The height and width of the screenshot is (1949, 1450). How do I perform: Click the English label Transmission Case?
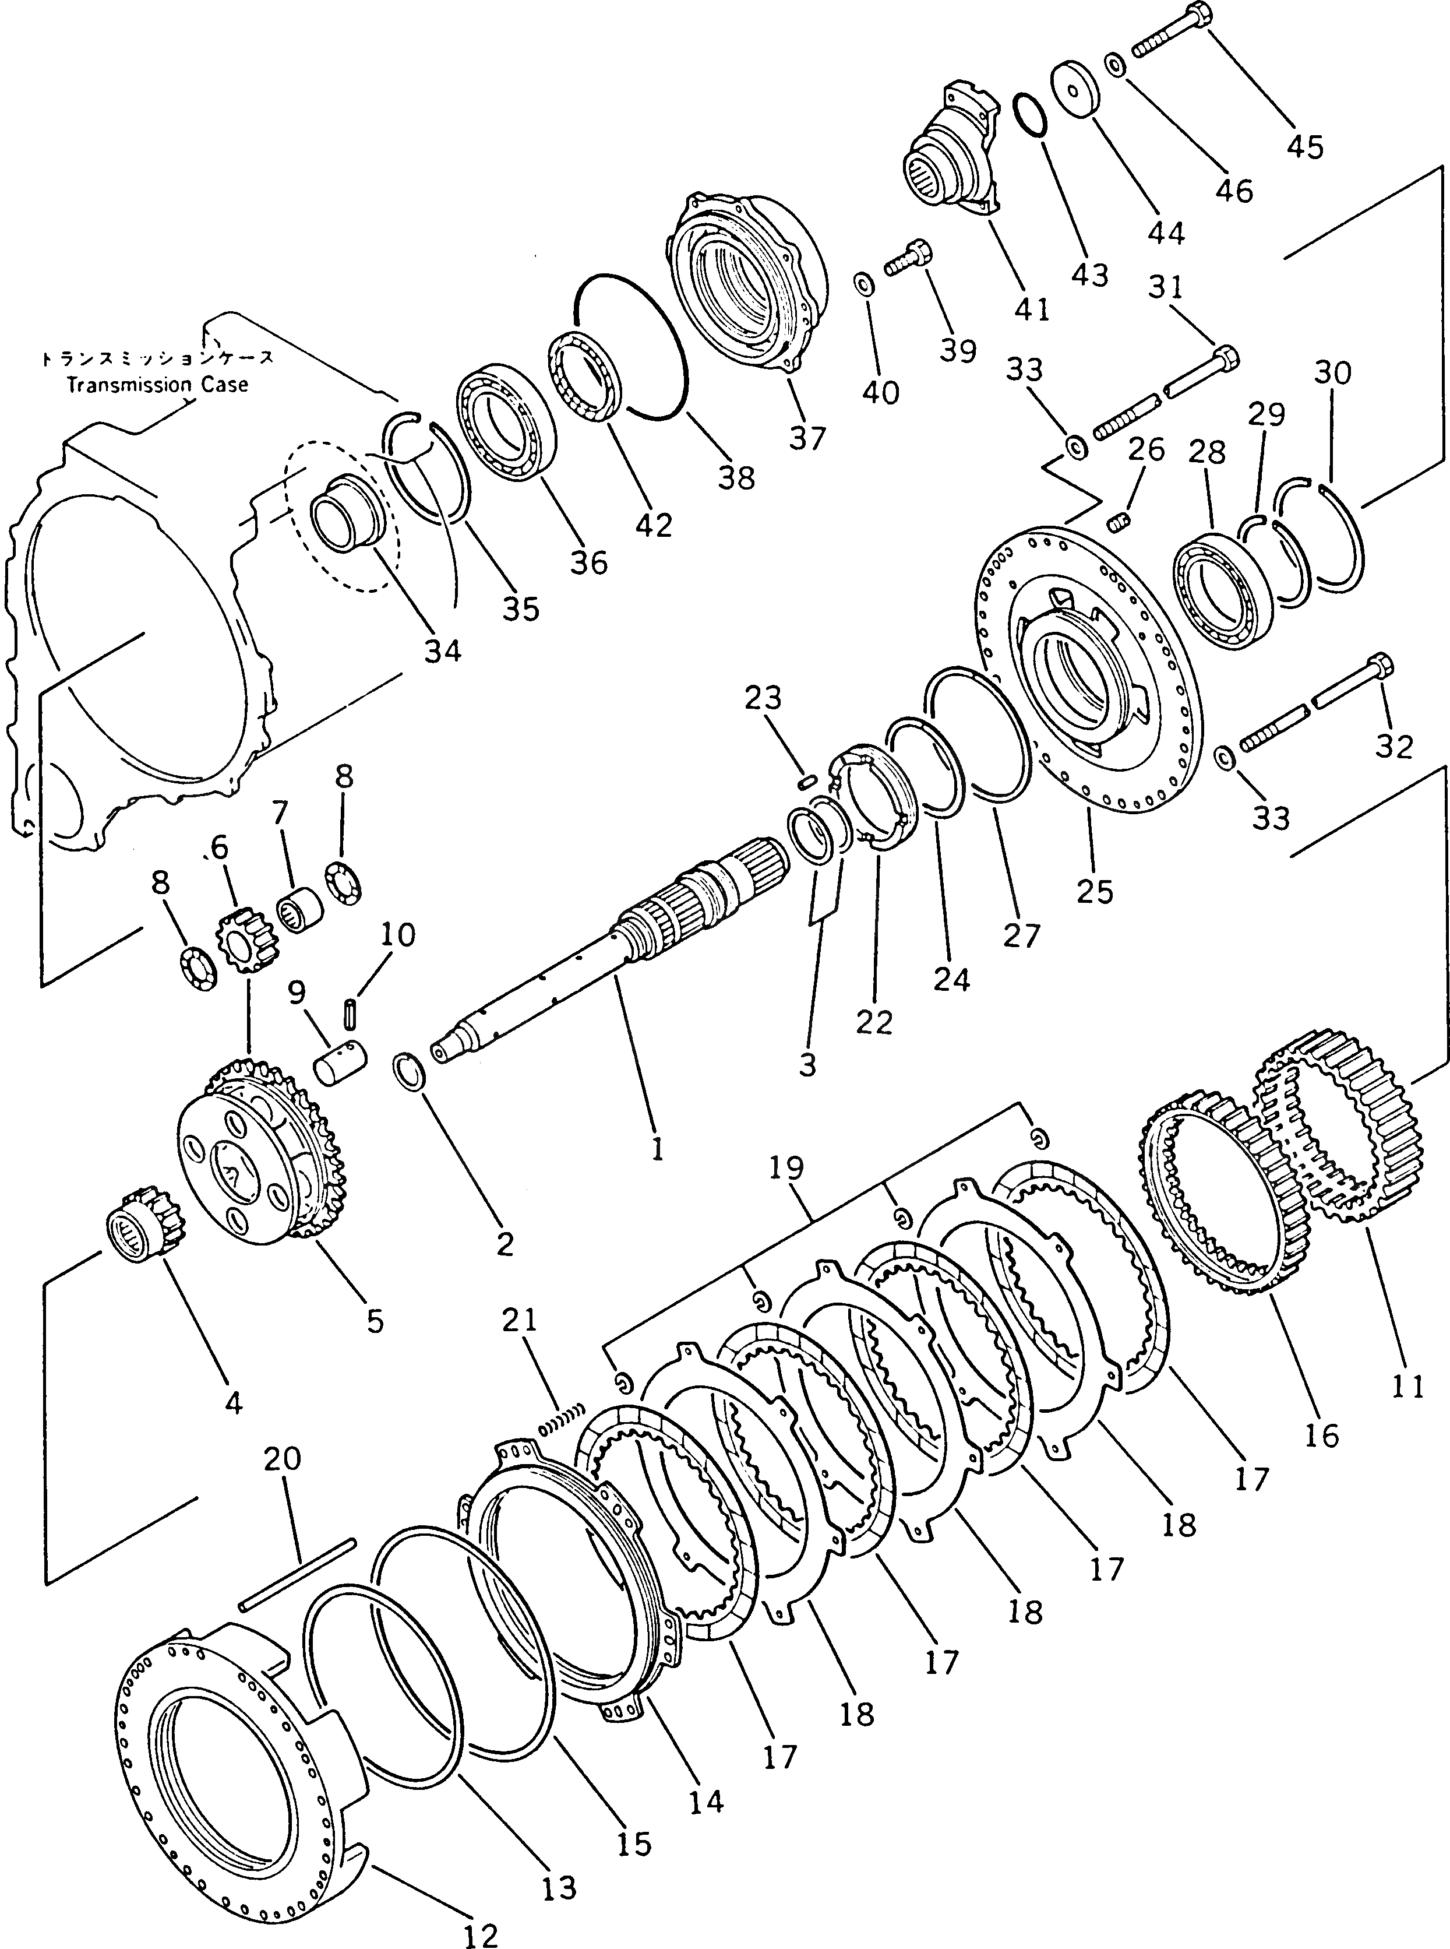click(x=158, y=385)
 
